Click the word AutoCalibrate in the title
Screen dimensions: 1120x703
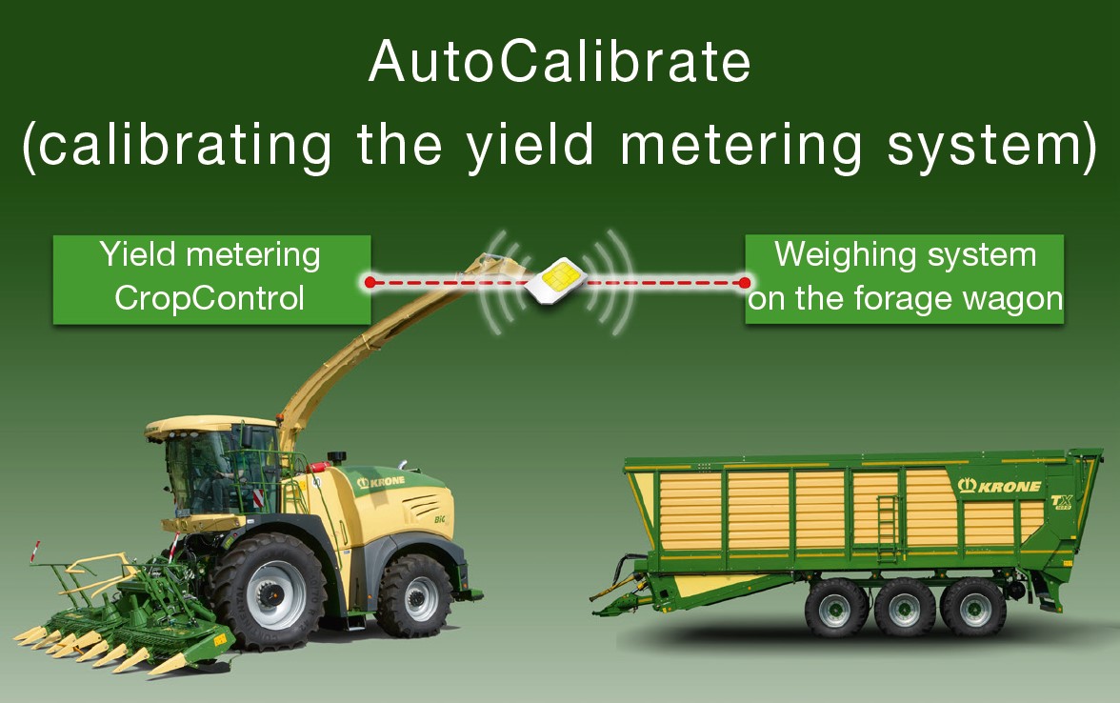tap(559, 61)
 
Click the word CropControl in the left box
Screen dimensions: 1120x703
tap(210, 298)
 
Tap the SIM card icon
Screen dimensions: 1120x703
tap(556, 281)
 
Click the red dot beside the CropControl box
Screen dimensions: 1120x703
tap(370, 282)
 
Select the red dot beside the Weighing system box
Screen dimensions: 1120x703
tap(745, 283)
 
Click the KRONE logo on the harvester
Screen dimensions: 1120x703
tap(381, 482)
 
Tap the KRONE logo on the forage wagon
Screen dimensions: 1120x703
tap(999, 486)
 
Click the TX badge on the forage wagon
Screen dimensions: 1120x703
tap(1061, 501)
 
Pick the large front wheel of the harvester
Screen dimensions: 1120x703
tap(269, 592)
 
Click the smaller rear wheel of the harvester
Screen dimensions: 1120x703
tap(414, 596)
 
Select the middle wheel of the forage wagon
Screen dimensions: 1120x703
tap(905, 608)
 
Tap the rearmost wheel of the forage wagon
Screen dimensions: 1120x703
tap(973, 607)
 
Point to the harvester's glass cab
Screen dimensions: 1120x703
tap(220, 471)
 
